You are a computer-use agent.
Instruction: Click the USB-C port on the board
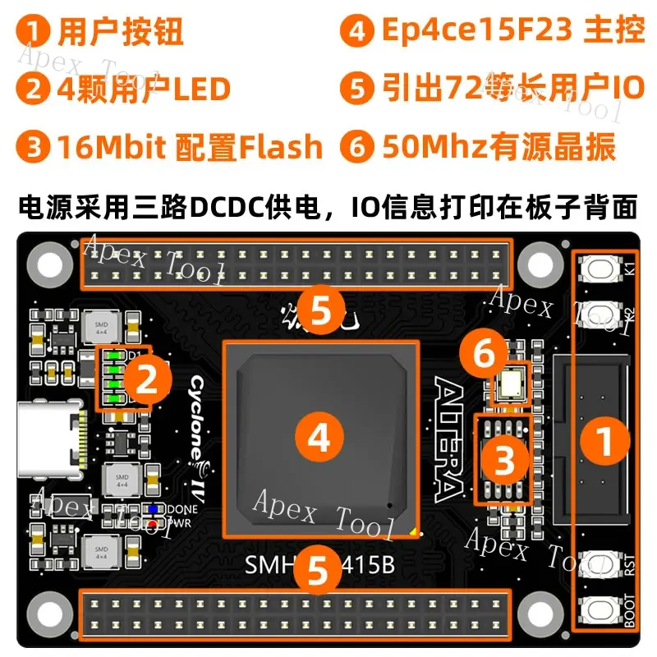coord(51,441)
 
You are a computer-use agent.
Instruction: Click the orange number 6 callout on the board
coord(484,354)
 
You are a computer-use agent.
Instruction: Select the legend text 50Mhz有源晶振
coord(498,148)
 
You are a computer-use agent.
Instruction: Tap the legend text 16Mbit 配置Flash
coord(190,148)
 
